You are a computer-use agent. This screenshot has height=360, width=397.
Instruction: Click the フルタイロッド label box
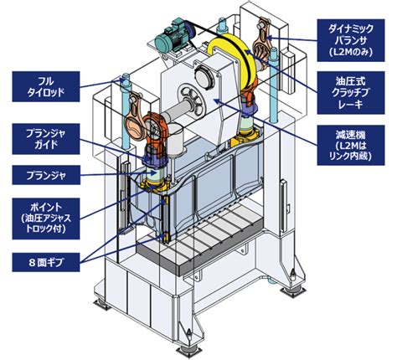coord(46,86)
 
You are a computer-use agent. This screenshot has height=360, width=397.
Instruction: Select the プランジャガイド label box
coord(46,139)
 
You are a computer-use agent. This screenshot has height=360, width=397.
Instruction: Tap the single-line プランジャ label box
coord(46,175)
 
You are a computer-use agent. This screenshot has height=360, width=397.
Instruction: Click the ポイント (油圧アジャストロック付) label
coord(46,219)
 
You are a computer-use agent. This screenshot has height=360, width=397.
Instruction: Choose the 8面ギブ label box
coord(46,262)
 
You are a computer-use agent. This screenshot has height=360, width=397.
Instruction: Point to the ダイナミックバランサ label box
coord(351,40)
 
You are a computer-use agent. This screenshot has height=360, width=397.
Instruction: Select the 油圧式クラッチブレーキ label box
coord(351,93)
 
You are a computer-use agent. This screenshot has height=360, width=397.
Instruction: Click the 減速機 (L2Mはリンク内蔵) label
coord(351,146)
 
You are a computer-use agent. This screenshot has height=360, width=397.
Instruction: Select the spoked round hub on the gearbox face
coord(190,101)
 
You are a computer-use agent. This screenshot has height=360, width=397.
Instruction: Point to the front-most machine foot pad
coord(188,350)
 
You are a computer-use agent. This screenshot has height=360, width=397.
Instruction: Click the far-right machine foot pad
coord(292,291)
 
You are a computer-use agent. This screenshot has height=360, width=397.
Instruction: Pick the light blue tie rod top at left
coord(126,79)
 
